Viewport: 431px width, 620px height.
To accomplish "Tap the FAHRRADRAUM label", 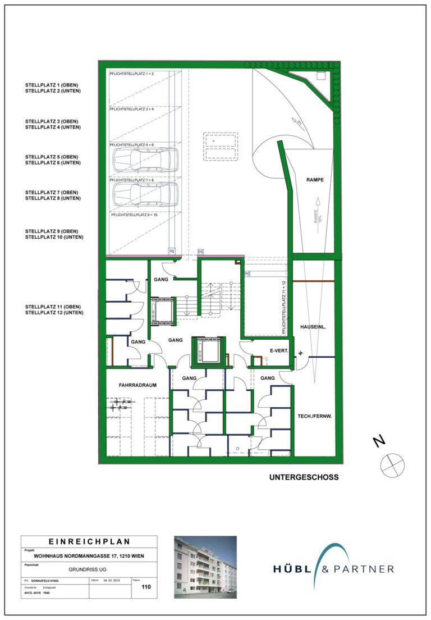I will click(x=137, y=385).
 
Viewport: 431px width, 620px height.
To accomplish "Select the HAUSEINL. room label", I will click(x=314, y=326).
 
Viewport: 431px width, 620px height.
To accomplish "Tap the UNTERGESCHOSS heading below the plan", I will click(x=304, y=478).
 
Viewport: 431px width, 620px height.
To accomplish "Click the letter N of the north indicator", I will click(x=380, y=441).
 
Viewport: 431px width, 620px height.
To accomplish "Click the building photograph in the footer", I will click(x=205, y=566).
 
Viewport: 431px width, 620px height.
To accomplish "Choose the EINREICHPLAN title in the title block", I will click(x=90, y=542).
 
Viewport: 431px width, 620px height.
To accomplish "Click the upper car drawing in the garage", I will click(x=145, y=159).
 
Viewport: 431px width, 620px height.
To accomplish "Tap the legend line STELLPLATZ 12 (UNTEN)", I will click(x=54, y=312).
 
